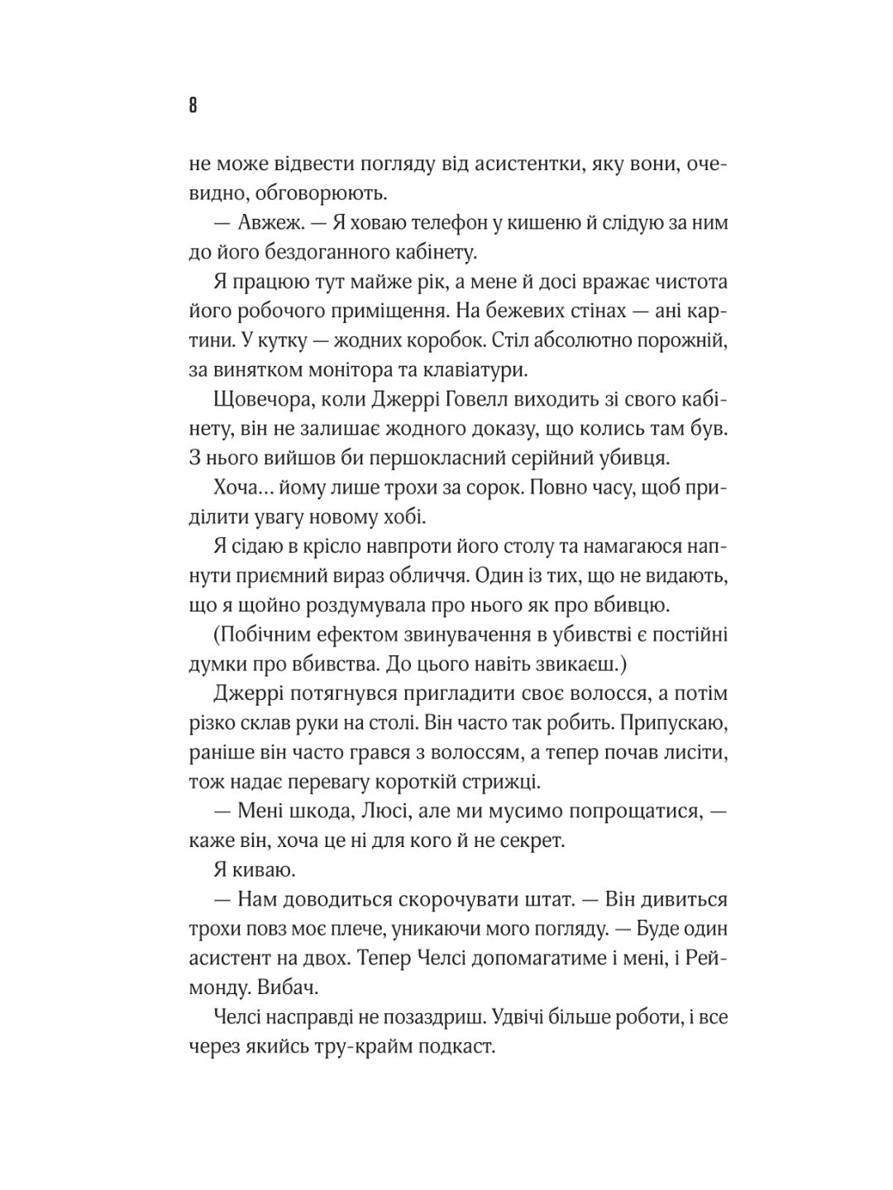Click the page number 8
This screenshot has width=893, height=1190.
click(193, 106)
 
